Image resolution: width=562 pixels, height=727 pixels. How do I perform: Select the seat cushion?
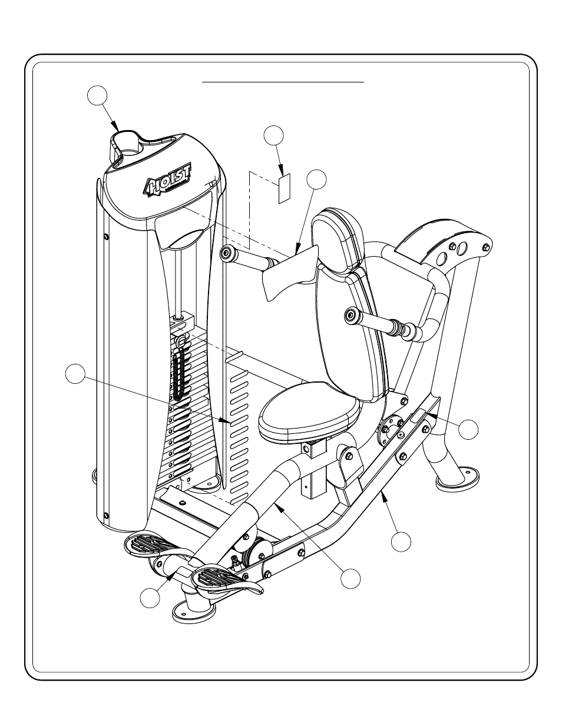309,411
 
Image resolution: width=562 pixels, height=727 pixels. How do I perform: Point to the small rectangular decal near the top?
284,188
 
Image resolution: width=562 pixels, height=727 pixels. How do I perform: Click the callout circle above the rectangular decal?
273,135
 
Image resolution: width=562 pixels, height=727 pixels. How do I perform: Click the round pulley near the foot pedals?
259,553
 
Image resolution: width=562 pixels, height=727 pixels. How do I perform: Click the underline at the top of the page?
284,83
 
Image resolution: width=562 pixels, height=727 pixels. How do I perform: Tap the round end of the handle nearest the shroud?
226,254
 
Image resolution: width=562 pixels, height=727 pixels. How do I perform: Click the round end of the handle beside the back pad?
351,316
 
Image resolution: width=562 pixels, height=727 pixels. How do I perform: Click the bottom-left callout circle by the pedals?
150,598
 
